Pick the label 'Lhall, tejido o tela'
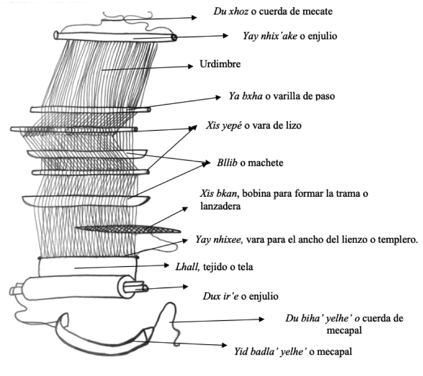[212, 267]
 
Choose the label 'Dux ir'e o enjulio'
[237, 297]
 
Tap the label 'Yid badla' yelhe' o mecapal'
[293, 351]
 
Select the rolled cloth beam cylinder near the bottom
[76, 287]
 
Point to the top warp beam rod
[114, 36]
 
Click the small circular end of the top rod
[174, 37]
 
